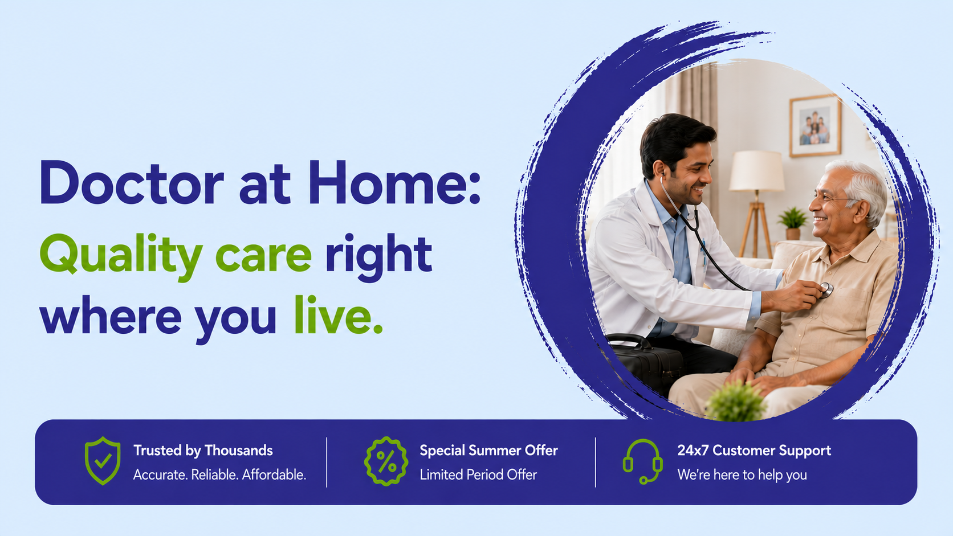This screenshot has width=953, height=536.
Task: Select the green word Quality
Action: click(x=121, y=256)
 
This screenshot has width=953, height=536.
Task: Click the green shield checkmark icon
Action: click(x=103, y=461)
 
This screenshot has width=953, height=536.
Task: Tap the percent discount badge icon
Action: click(x=386, y=461)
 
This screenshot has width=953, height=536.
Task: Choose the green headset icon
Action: click(x=642, y=461)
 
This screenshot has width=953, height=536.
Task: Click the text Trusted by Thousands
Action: click(x=203, y=451)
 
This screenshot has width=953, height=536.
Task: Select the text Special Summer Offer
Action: click(x=488, y=451)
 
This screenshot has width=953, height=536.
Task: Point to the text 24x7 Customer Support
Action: click(x=754, y=451)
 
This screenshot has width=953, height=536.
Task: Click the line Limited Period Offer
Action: click(x=478, y=474)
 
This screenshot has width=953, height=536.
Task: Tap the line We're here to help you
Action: click(x=742, y=475)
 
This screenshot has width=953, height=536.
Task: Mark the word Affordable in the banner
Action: click(x=274, y=474)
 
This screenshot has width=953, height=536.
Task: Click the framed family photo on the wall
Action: click(x=814, y=126)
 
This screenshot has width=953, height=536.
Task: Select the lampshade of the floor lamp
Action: click(x=756, y=171)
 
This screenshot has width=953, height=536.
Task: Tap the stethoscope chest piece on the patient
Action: click(x=825, y=290)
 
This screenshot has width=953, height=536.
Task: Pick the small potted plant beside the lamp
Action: click(x=792, y=223)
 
